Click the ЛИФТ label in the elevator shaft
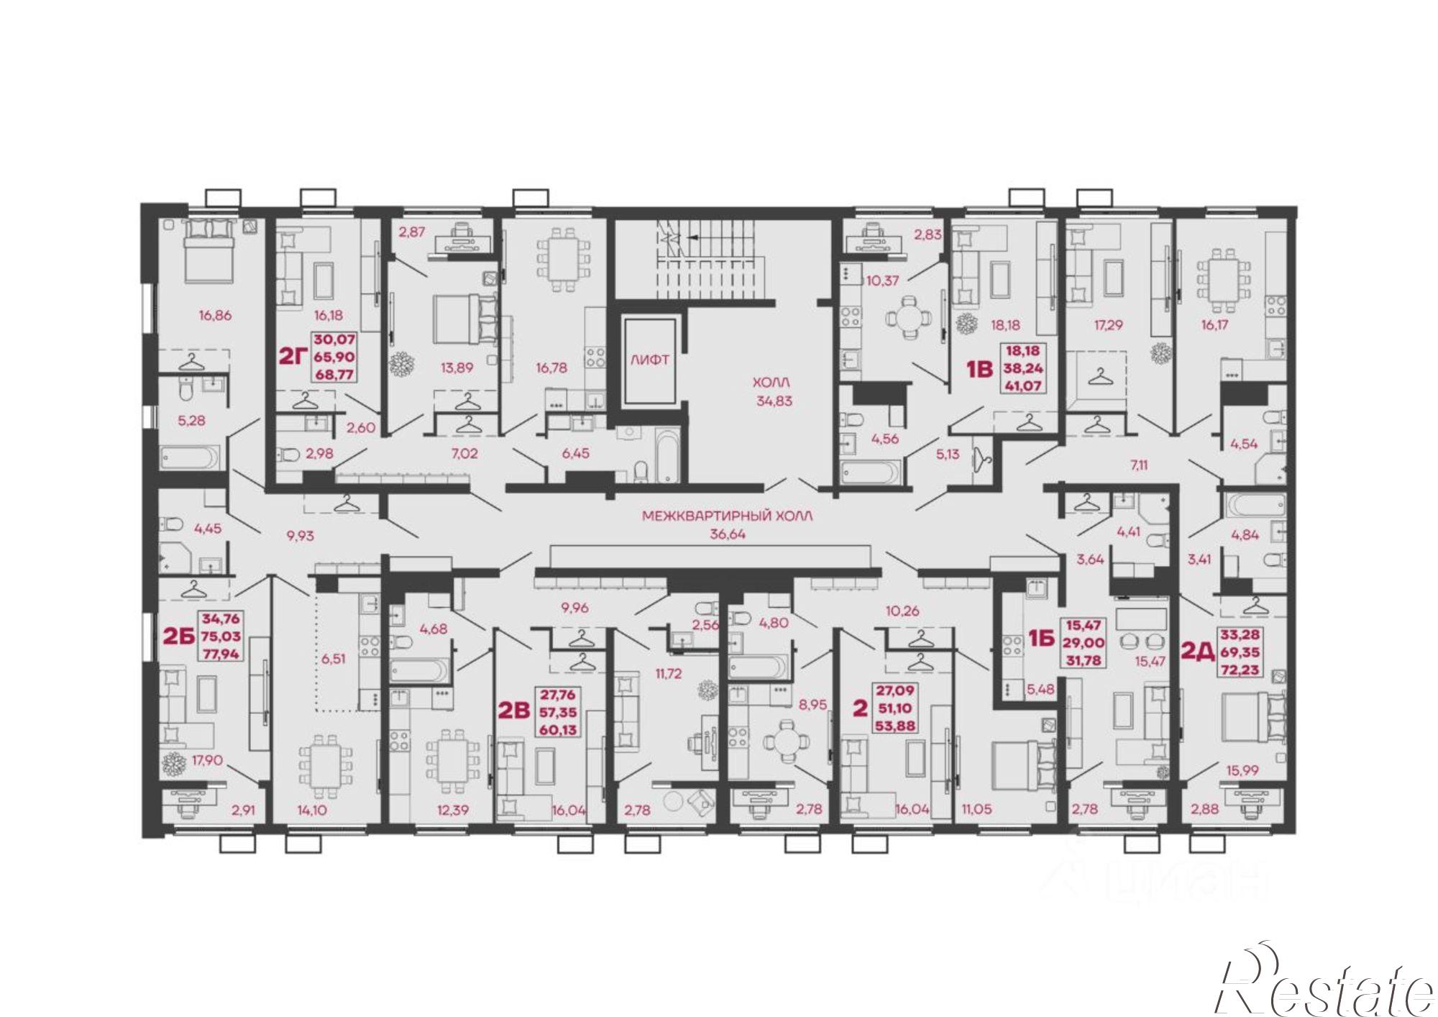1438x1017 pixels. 650,360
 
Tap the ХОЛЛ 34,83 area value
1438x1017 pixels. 774,401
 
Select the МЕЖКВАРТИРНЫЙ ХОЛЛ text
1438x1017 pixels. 727,516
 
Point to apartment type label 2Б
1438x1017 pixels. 180,636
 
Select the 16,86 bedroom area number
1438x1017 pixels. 215,315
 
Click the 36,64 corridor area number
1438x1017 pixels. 727,534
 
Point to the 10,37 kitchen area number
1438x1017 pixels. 882,281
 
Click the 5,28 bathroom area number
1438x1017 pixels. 191,420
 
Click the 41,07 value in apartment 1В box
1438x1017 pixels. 1023,386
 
